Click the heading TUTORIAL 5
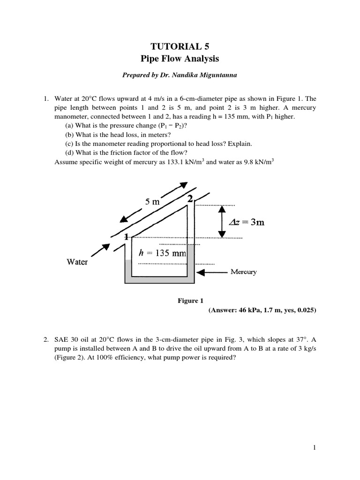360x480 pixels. click(180, 46)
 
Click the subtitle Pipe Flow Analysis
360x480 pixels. click(180, 59)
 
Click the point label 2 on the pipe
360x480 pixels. click(190, 199)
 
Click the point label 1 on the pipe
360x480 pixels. click(126, 237)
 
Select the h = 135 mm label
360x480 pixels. click(163, 254)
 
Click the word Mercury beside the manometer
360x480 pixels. click(243, 272)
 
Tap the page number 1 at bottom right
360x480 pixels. click(315, 448)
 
